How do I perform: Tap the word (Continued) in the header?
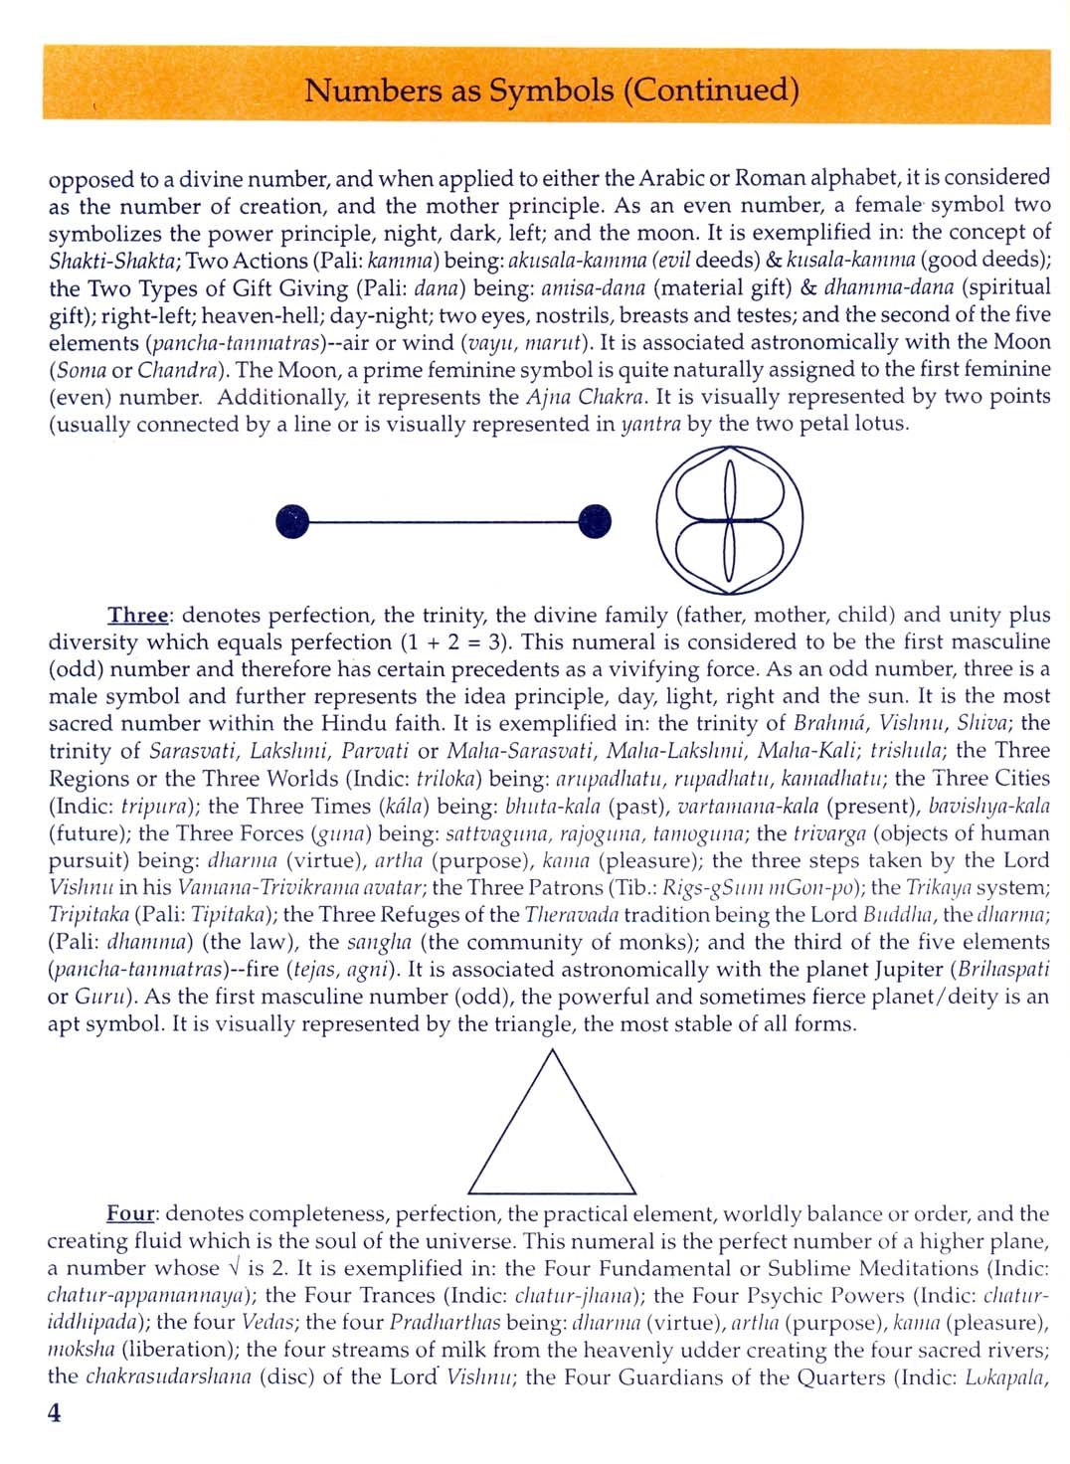711,91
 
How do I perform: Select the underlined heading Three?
138,615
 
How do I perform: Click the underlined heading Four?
130,1213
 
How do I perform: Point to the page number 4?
55,1413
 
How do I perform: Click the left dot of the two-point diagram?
292,520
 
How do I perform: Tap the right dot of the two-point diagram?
595,520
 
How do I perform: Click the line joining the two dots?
444,520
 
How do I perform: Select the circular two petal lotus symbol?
730,520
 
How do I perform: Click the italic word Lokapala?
1007,1377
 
